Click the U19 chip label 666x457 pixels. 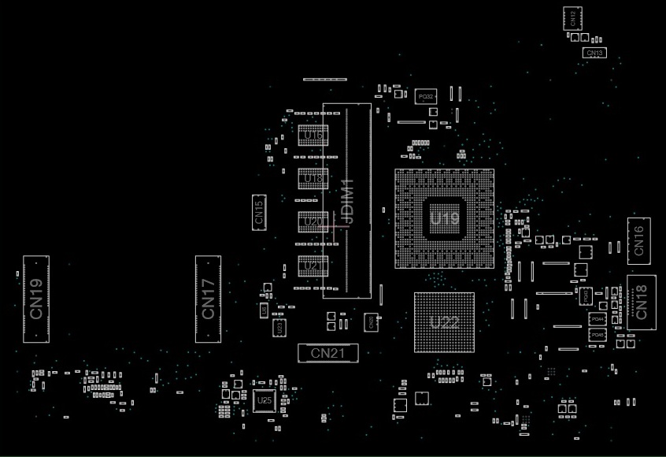pyautogui.click(x=445, y=218)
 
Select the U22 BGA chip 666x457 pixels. pyautogui.click(x=444, y=321)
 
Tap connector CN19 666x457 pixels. pyautogui.click(x=35, y=299)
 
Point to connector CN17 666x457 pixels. pyautogui.click(x=208, y=299)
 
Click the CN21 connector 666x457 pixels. pyautogui.click(x=327, y=352)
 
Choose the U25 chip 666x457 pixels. pyautogui.click(x=265, y=400)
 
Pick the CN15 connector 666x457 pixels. pyautogui.click(x=259, y=211)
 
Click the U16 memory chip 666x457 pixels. pyautogui.click(x=313, y=136)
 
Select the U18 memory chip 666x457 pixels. pyautogui.click(x=313, y=179)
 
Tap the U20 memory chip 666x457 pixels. pyautogui.click(x=313, y=223)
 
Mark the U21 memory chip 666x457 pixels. pyautogui.click(x=313, y=267)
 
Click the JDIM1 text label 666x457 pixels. pyautogui.click(x=347, y=201)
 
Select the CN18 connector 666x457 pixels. pyautogui.click(x=641, y=303)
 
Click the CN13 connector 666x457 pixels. pyautogui.click(x=594, y=53)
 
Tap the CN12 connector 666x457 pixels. pyautogui.click(x=573, y=18)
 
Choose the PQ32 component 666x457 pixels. pyautogui.click(x=425, y=96)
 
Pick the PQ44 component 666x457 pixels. pyautogui.click(x=598, y=319)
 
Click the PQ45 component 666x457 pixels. pyautogui.click(x=598, y=335)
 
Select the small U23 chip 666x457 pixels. pyautogui.click(x=278, y=327)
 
